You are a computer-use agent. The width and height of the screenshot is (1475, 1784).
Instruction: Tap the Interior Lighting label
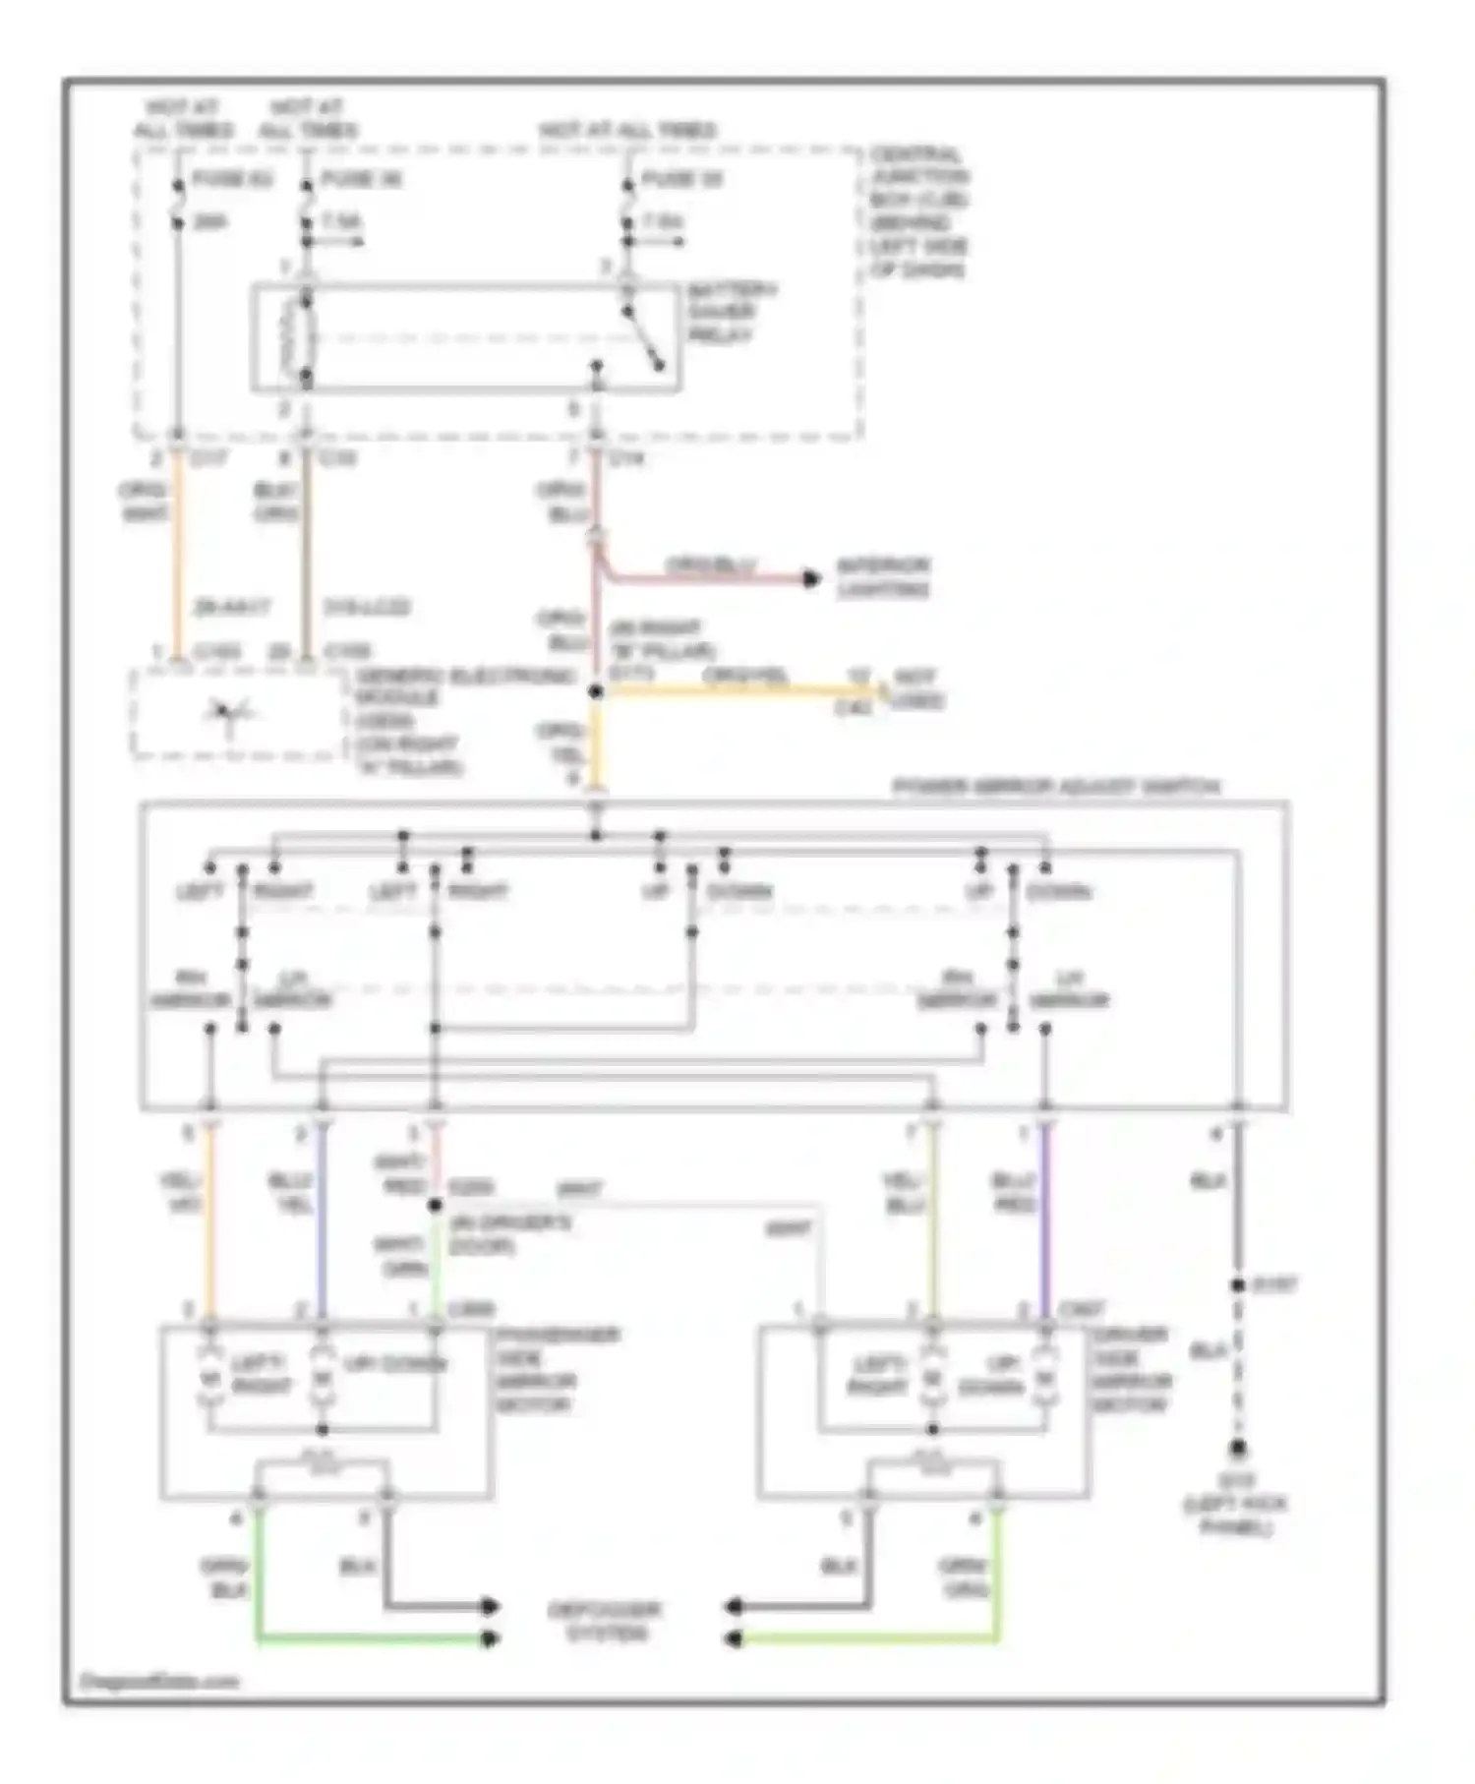882,577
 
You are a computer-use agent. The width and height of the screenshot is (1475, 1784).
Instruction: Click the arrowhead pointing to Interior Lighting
811,578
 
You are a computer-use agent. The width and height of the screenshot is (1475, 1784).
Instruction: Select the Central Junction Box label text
918,211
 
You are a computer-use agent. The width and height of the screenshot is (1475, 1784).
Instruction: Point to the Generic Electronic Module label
462,721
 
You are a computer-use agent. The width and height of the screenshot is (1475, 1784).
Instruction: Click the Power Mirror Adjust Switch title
1055,787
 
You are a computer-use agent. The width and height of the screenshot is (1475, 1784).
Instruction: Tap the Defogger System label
604,1622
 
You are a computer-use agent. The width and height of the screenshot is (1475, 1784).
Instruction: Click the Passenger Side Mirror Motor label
557,1369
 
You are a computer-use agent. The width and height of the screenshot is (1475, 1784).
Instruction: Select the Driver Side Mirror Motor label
1131,1369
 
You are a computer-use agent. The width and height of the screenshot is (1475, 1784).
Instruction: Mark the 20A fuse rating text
209,222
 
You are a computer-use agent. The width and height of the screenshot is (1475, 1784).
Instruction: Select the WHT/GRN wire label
401,1256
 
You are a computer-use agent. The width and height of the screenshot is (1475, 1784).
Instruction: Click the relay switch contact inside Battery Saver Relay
644,339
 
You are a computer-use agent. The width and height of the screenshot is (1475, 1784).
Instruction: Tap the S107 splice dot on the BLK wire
1238,1285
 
